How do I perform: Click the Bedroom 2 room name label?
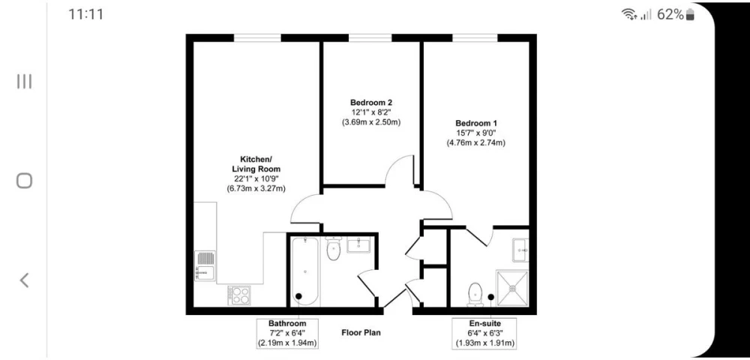point(371,102)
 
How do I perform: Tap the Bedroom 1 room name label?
point(476,123)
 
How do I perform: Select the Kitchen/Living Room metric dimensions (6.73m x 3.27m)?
point(256,188)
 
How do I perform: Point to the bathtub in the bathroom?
point(304,270)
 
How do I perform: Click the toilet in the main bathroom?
point(334,248)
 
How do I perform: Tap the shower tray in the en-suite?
point(512,288)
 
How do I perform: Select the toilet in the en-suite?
point(475,294)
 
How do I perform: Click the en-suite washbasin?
point(521,250)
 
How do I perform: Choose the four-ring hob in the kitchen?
point(239,295)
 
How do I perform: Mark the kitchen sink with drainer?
point(205,265)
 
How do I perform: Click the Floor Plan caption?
point(361,332)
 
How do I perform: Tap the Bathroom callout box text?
point(287,333)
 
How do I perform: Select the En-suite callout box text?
point(484,333)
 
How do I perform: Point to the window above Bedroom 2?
point(370,37)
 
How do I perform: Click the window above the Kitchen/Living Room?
point(257,37)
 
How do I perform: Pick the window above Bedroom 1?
point(475,37)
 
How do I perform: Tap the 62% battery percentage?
point(670,14)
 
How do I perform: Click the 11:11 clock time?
point(85,14)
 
